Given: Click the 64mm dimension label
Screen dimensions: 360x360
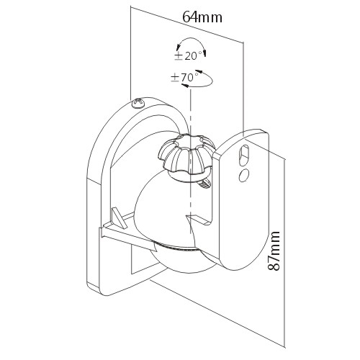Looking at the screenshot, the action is [202, 17].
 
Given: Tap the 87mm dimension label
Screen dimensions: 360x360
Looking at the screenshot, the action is [274, 251].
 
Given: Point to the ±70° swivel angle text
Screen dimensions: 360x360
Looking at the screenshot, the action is [185, 78].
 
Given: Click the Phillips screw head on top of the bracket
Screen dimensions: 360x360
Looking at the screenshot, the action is [139, 104].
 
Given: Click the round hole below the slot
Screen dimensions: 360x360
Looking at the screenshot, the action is [244, 175].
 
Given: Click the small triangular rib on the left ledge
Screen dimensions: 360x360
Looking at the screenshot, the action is [120, 218].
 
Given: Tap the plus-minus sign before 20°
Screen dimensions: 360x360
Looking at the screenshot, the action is [179, 56].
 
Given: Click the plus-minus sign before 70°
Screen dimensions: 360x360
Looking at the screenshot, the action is [175, 78].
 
